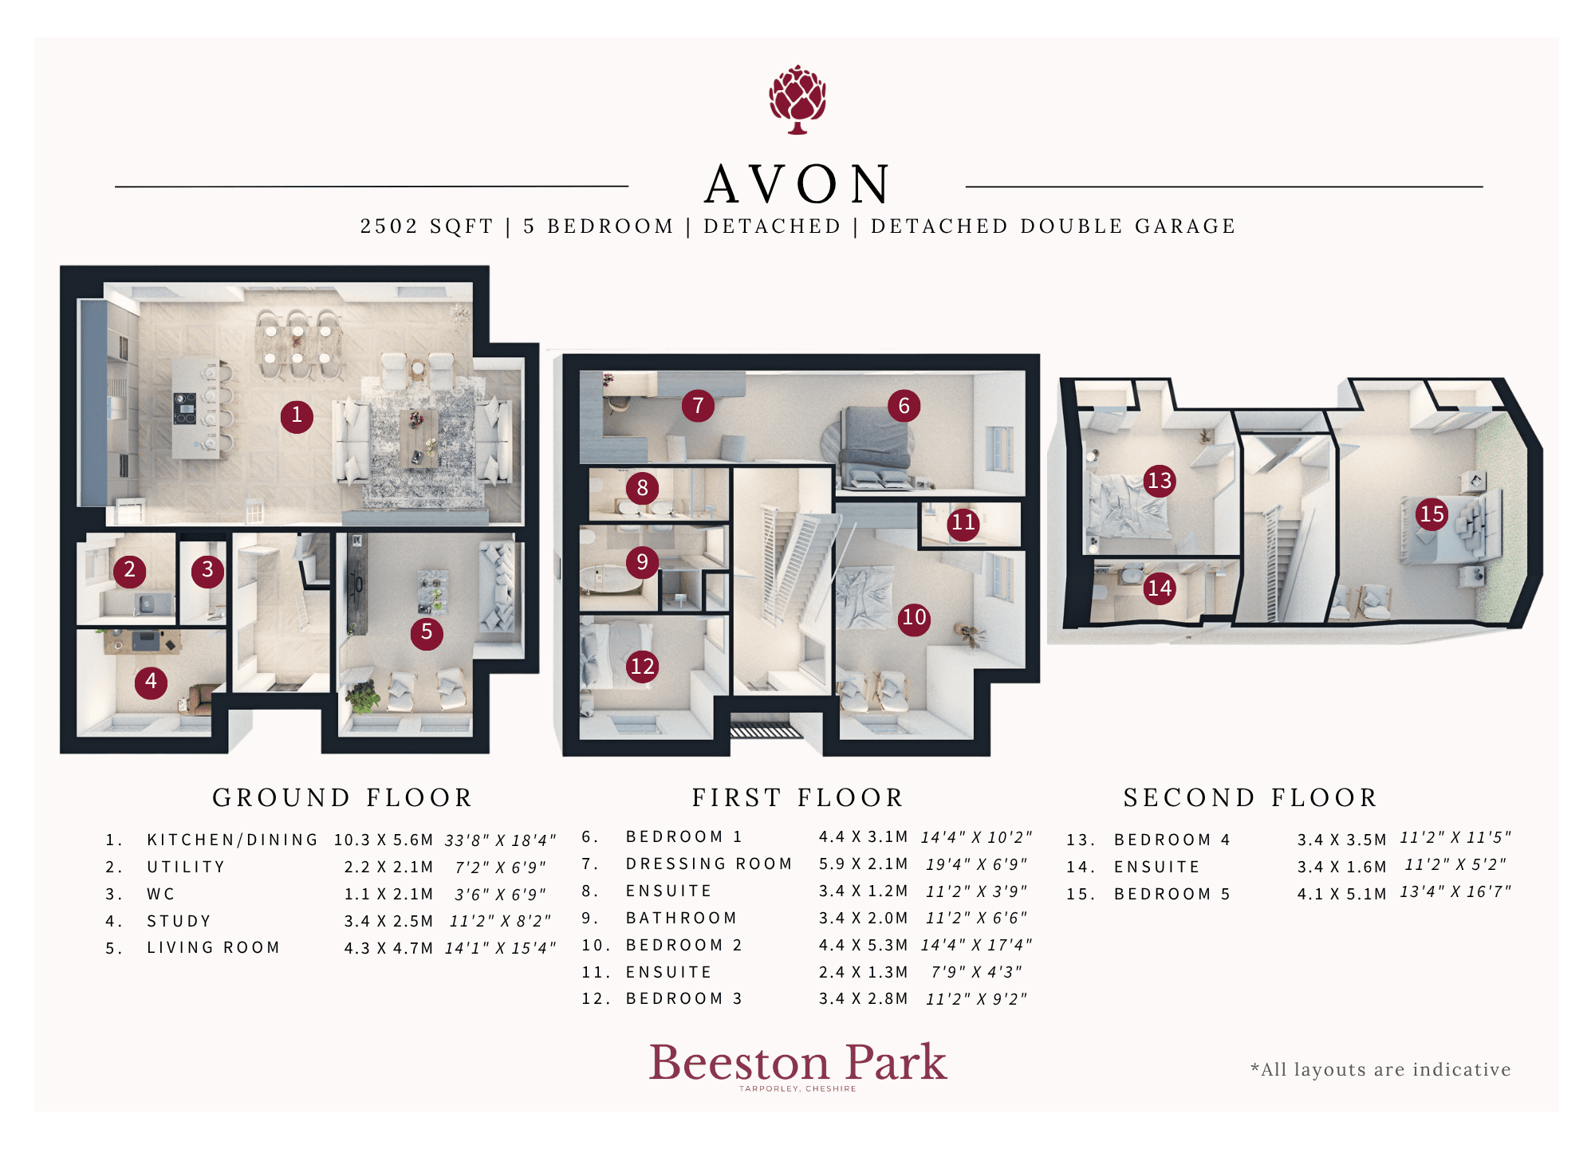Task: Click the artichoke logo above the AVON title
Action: point(797,100)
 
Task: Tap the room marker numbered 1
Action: point(297,415)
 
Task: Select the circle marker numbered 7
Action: point(698,406)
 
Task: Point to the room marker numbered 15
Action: point(1432,514)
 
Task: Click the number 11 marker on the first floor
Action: point(963,522)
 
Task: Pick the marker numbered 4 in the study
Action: point(151,682)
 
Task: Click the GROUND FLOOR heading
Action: point(343,797)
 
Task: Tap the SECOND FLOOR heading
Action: point(1250,797)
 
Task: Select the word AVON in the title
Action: point(797,184)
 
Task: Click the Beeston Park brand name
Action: point(797,1062)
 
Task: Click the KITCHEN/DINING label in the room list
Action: point(232,840)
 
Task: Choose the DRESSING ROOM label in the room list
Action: point(709,864)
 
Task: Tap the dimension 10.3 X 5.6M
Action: point(384,840)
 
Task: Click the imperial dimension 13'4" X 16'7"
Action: point(1455,891)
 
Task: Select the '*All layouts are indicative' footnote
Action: point(1380,1069)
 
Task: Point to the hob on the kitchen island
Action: point(185,408)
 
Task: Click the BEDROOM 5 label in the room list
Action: point(1172,894)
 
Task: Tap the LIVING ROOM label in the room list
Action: point(213,947)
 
